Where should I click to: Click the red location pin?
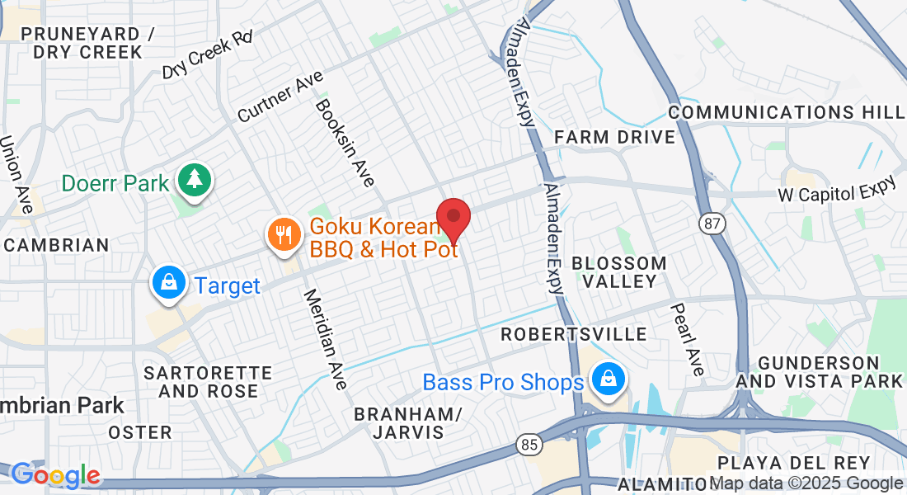pyautogui.click(x=453, y=217)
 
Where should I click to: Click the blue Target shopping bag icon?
pyautogui.click(x=168, y=283)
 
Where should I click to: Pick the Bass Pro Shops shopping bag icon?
pyautogui.click(x=608, y=380)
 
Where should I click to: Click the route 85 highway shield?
pyautogui.click(x=530, y=445)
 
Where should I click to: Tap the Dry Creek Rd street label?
pyautogui.click(x=207, y=56)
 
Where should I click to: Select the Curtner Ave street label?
pyautogui.click(x=280, y=96)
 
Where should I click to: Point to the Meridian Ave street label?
pyautogui.click(x=325, y=338)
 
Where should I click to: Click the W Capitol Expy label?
pyautogui.click(x=836, y=191)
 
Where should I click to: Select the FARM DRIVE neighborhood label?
pyautogui.click(x=614, y=137)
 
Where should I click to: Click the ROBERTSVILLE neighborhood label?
pyautogui.click(x=575, y=334)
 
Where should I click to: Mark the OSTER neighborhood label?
pyautogui.click(x=140, y=432)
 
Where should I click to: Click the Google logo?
pyautogui.click(x=55, y=475)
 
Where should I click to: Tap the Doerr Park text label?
pyautogui.click(x=115, y=183)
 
